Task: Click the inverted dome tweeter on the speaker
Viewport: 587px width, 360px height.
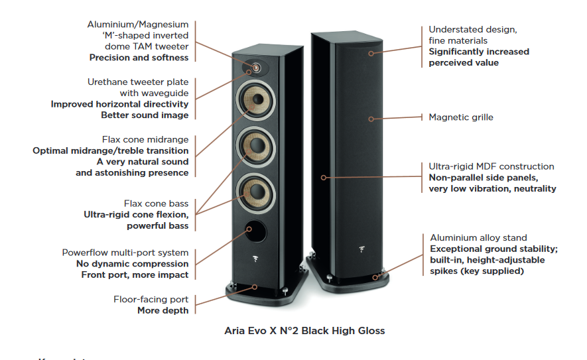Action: pyautogui.click(x=255, y=68)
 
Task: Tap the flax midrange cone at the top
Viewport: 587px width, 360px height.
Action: pyautogui.click(x=255, y=100)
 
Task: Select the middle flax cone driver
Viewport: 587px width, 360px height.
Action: pyautogui.click(x=255, y=147)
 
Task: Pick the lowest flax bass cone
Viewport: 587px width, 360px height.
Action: pyautogui.click(x=255, y=193)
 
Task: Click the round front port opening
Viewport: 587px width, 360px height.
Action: pyautogui.click(x=256, y=231)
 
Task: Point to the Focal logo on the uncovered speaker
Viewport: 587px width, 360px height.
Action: pyautogui.click(x=255, y=259)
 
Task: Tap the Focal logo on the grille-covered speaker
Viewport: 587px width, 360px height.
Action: pyautogui.click(x=361, y=249)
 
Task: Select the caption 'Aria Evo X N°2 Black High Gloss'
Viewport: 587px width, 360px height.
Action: pyautogui.click(x=304, y=331)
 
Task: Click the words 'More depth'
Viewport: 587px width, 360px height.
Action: pyautogui.click(x=163, y=310)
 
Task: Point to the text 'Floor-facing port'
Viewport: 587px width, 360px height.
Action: pyautogui.click(x=151, y=300)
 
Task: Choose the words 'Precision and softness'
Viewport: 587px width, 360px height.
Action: pyautogui.click(x=139, y=58)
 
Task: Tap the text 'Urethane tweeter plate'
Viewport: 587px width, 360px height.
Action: pyautogui.click(x=138, y=82)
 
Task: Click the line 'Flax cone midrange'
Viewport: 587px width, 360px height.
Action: pyautogui.click(x=145, y=140)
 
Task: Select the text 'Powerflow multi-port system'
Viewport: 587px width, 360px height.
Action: pyautogui.click(x=125, y=253)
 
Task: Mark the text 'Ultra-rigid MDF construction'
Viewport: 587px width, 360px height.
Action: pyautogui.click(x=491, y=166)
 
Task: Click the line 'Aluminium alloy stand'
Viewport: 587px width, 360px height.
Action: pyautogui.click(x=478, y=237)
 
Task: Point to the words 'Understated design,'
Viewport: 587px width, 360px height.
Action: pyautogui.click(x=473, y=30)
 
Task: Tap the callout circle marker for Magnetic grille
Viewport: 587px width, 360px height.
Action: pyautogui.click(x=371, y=119)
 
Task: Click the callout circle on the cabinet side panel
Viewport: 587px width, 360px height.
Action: pyautogui.click(x=324, y=178)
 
